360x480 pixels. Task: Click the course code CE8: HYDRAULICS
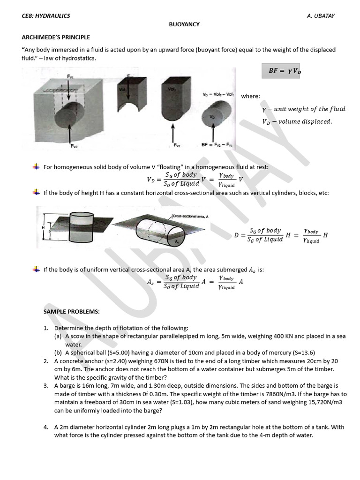click(x=46, y=16)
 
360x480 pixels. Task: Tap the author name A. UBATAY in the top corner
click(x=321, y=16)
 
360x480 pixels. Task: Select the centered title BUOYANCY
click(x=184, y=24)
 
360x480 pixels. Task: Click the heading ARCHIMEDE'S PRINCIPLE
click(x=56, y=37)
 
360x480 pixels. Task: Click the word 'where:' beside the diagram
click(x=250, y=96)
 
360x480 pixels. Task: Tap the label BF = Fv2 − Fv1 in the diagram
click(x=217, y=144)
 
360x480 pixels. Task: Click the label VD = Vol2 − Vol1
click(x=218, y=94)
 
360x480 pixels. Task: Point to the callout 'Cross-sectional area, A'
click(x=190, y=216)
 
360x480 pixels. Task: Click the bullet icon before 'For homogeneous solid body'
click(x=36, y=167)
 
